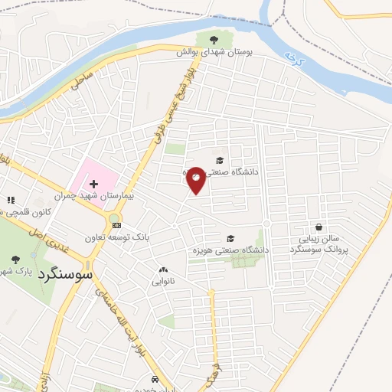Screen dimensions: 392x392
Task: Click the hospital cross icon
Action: [x=94, y=185]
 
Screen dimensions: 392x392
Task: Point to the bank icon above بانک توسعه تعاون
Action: [x=116, y=225]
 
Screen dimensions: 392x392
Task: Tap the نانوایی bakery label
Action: [x=162, y=282]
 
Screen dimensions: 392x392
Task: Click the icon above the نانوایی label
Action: [x=162, y=269]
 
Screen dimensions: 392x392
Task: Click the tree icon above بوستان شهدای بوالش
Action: [x=212, y=38]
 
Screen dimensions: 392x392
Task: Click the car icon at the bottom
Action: [x=155, y=380]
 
